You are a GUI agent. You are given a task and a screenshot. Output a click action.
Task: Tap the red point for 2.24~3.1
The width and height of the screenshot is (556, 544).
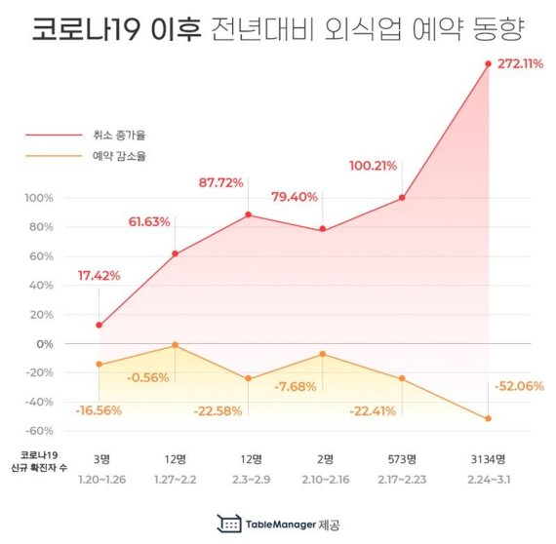point(488,64)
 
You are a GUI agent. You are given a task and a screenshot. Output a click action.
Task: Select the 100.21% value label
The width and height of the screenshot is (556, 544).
point(373,165)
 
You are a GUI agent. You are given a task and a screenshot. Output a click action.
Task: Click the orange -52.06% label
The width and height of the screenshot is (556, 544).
point(519,386)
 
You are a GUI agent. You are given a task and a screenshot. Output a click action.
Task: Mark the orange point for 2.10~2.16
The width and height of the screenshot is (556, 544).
point(323,354)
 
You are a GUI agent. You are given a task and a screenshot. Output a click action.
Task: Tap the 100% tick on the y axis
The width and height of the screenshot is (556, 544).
point(37,198)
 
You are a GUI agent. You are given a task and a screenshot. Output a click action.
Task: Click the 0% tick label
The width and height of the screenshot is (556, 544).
point(45,343)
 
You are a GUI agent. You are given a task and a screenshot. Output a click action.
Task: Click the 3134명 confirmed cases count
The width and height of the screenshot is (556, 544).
point(488,458)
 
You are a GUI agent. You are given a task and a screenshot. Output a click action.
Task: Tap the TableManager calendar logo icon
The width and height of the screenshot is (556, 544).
point(230,524)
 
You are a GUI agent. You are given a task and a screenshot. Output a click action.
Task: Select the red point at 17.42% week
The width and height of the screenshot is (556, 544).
point(99,325)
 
